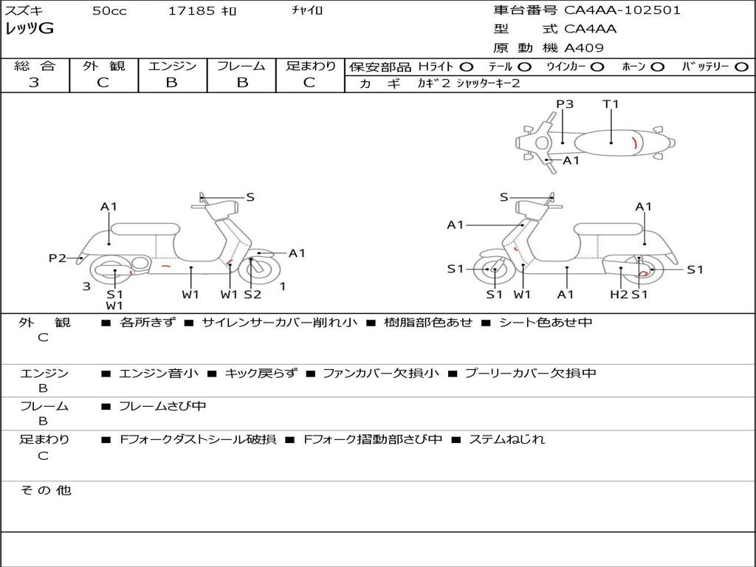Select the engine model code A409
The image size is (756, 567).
(584, 48)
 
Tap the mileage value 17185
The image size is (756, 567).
(191, 11)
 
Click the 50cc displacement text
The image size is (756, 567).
(109, 11)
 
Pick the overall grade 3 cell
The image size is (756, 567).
(34, 83)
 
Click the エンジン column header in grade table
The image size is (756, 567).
(172, 66)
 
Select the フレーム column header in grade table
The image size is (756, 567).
(241, 66)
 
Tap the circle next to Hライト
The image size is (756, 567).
(467, 66)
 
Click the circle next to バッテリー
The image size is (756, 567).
(741, 66)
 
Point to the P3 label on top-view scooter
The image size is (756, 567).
(565, 104)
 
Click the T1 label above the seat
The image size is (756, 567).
(611, 104)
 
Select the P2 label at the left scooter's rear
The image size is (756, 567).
(58, 258)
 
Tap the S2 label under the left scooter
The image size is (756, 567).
(252, 295)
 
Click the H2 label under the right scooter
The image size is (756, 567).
(619, 295)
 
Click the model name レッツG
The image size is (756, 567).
(30, 29)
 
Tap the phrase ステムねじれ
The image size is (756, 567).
(507, 439)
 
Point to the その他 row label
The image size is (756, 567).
(45, 490)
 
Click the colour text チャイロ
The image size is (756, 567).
(307, 10)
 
